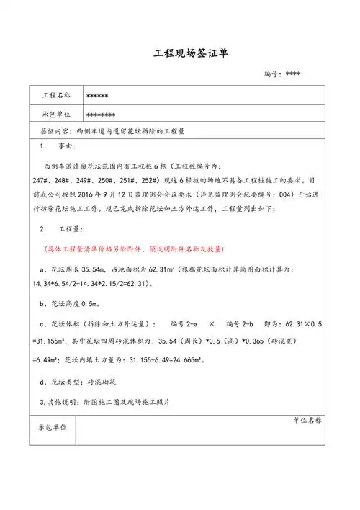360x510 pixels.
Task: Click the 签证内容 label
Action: (53, 133)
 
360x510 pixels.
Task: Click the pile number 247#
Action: (42, 180)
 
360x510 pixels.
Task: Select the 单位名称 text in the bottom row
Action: (308, 419)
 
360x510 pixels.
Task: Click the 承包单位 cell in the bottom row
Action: (53, 428)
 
